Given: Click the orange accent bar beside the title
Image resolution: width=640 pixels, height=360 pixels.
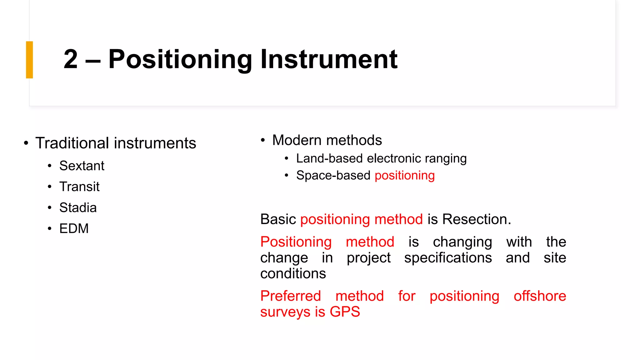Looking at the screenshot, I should (29, 60).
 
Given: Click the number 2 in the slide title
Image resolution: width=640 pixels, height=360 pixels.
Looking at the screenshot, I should (71, 59).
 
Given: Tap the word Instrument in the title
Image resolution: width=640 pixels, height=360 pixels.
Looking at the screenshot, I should (329, 59).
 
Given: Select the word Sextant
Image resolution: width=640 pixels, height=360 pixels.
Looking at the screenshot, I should (82, 166).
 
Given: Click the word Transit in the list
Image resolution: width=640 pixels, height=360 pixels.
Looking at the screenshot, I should (79, 187).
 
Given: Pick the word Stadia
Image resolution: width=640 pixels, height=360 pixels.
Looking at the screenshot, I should (78, 207).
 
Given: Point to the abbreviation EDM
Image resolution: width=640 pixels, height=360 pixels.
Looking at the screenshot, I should (74, 228).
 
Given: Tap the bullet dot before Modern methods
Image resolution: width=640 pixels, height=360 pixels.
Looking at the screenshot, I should (263, 140).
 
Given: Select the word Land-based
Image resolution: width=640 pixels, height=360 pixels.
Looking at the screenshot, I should (329, 158).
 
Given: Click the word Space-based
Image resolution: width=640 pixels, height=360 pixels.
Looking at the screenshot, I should (333, 175).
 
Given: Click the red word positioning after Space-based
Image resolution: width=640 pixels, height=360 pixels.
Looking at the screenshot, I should (404, 176).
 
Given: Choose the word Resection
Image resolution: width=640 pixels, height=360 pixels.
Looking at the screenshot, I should (477, 219).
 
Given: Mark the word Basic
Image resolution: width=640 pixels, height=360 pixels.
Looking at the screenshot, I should (278, 219).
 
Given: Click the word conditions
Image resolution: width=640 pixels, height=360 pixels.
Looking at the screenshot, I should (293, 274).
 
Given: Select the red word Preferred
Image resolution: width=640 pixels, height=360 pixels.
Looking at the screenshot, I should (291, 296).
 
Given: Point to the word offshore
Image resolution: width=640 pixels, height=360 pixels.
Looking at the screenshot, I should (540, 296).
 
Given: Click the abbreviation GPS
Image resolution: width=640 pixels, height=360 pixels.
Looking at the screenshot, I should (345, 312).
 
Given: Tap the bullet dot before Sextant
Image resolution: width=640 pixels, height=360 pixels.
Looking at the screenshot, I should (50, 166).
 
